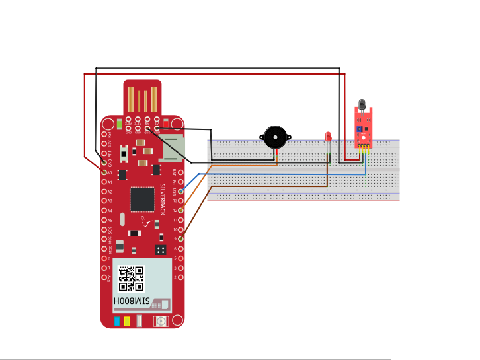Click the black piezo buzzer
click(x=274, y=138)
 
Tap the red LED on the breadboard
click(x=328, y=137)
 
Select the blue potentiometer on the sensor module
click(x=358, y=130)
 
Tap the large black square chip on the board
click(x=142, y=198)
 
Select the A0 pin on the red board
click(x=104, y=172)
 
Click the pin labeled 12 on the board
click(x=180, y=210)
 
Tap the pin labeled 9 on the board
click(x=180, y=238)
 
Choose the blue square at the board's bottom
click(x=116, y=322)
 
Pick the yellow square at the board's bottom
click(x=126, y=322)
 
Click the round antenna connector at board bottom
click(x=159, y=322)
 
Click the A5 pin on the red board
click(x=104, y=220)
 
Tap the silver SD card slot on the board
click(x=173, y=148)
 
